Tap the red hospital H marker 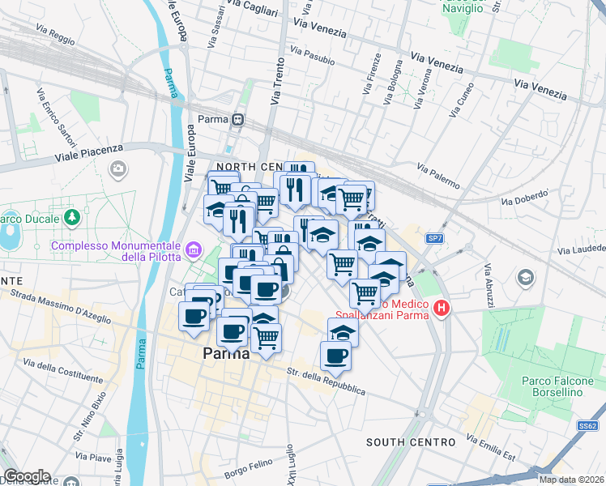tap(442, 309)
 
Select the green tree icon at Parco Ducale tap(73, 218)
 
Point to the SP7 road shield tap(435, 238)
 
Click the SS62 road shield tap(588, 425)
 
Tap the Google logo tap(27, 476)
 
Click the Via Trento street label tap(278, 81)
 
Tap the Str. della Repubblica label tap(326, 382)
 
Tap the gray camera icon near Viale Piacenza tap(118, 169)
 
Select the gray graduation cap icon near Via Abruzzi tap(525, 278)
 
